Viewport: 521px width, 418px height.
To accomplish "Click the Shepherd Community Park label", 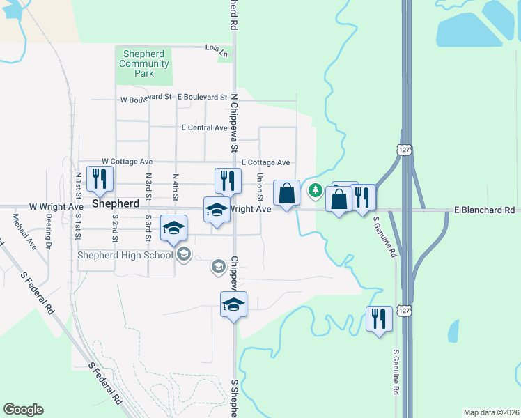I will click(144, 63).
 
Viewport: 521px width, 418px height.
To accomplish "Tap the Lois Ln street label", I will click(216, 49).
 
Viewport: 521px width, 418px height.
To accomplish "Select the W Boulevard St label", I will click(146, 98).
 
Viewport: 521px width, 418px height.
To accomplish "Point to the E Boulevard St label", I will click(202, 98).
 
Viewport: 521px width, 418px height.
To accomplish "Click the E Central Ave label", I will click(204, 128).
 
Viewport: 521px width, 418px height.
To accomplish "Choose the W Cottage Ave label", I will click(126, 161).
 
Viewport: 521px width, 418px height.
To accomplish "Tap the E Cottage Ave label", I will click(265, 162).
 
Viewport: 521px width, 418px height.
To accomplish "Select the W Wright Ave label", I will click(56, 207).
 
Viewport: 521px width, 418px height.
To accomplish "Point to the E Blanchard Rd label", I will click(484, 210).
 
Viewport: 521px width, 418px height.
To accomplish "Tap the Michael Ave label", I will click(22, 231).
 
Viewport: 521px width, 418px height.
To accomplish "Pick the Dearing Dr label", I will click(49, 231).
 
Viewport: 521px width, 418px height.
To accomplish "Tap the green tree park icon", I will click(315, 189).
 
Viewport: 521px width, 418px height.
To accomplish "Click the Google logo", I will click(24, 410).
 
